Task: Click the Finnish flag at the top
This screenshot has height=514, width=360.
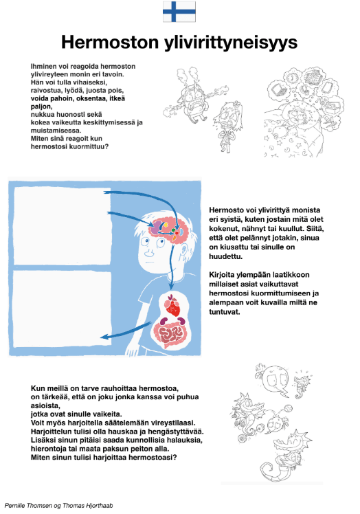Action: pyautogui.click(x=179, y=12)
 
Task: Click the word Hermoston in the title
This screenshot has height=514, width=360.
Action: pyautogui.click(x=110, y=43)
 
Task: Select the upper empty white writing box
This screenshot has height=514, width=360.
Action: pyautogui.click(x=63, y=226)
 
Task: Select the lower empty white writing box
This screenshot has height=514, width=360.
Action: pyautogui.click(x=63, y=309)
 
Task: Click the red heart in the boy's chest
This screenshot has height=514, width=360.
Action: pyautogui.click(x=173, y=306)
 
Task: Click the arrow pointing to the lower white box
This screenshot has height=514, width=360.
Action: pyautogui.click(x=126, y=331)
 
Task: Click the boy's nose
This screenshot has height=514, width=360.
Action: pyautogui.click(x=149, y=252)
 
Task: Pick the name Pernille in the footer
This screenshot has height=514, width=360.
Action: pyautogui.click(x=14, y=506)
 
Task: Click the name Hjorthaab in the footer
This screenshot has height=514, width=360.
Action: pyautogui.click(x=101, y=506)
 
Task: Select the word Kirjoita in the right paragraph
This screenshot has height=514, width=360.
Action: pyautogui.click(x=222, y=275)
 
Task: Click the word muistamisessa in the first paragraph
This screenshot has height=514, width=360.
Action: pyautogui.click(x=56, y=131)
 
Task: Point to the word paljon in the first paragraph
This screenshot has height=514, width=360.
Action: pyautogui.click(x=41, y=107)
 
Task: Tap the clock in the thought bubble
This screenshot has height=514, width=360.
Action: pyautogui.click(x=292, y=78)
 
